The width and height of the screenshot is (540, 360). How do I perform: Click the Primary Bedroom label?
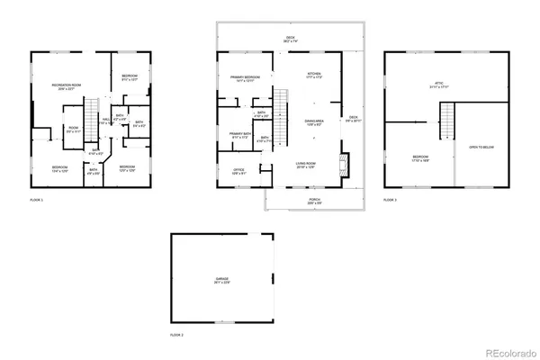click(245, 78)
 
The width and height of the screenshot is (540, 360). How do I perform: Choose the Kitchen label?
click(313, 75)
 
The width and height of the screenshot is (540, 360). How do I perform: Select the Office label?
click(238, 170)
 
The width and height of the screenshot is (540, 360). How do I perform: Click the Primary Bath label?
click(238, 135)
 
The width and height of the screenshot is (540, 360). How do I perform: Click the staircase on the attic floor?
click(445, 119)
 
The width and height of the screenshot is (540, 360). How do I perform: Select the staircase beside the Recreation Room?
click(90, 118)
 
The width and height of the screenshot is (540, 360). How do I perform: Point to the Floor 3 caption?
click(391, 199)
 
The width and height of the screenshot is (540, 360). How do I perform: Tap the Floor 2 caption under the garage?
click(176, 335)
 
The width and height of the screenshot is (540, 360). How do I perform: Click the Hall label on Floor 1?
click(106, 120)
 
